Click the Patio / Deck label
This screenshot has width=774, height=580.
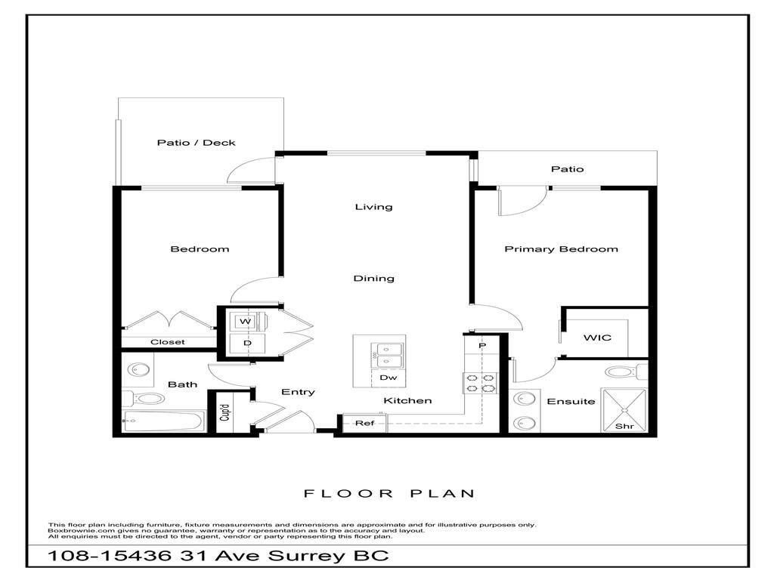tap(196, 143)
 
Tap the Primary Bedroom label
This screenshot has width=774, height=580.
tap(561, 249)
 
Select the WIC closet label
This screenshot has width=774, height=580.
tap(596, 337)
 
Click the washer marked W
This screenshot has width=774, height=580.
tap(245, 322)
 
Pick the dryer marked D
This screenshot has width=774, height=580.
tap(246, 344)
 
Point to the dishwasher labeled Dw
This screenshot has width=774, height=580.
tap(389, 378)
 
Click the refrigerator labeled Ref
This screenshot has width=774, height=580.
tap(365, 424)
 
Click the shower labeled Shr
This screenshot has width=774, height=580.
tap(626, 411)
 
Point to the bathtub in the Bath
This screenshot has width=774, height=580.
tap(164, 421)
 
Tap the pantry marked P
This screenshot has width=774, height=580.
tap(481, 345)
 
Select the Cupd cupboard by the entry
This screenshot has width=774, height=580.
tap(224, 412)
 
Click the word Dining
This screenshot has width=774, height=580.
tap(374, 279)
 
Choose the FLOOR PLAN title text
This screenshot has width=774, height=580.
tap(389, 494)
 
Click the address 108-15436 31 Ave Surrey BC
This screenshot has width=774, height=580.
tap(218, 557)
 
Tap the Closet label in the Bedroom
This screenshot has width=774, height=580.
tap(167, 342)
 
